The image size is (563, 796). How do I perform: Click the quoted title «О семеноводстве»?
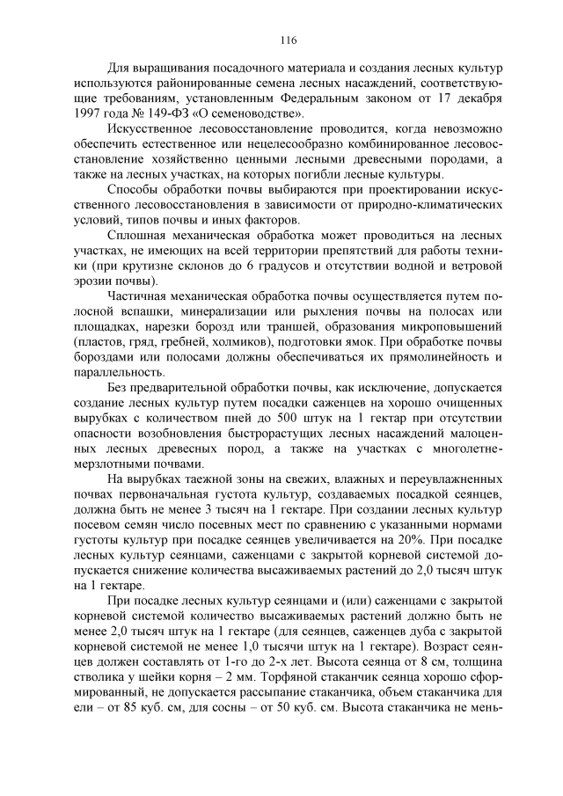click(x=249, y=113)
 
